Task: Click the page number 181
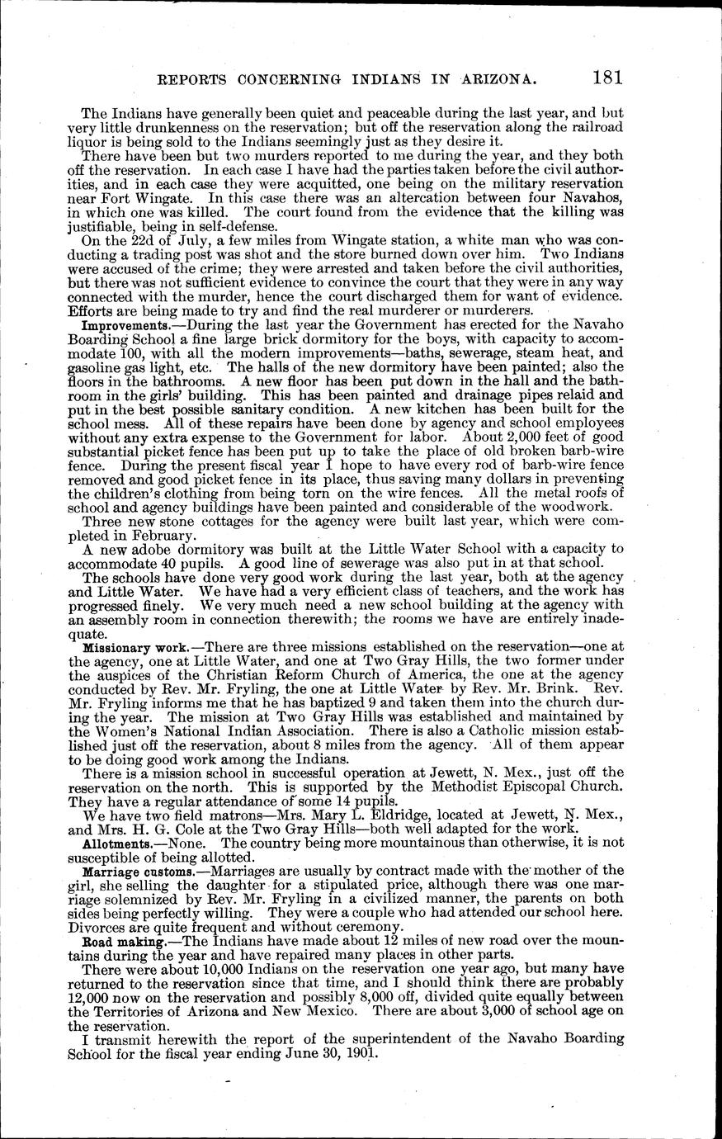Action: coord(606,78)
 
